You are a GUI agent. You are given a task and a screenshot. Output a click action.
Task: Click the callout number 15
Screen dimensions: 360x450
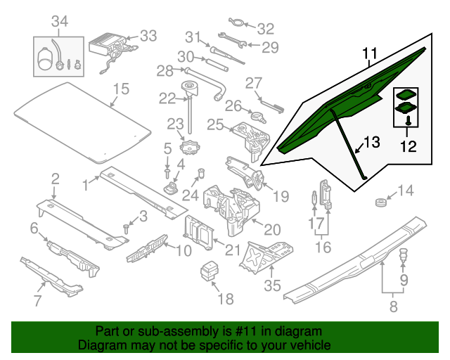coord(122,89)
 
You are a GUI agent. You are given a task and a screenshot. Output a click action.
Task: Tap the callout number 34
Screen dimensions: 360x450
coord(59,22)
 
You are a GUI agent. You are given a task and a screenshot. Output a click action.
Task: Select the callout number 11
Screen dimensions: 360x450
coord(371,53)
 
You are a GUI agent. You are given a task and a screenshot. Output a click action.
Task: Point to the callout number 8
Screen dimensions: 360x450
coord(393,306)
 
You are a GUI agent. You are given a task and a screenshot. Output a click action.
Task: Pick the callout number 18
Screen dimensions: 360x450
coord(224,299)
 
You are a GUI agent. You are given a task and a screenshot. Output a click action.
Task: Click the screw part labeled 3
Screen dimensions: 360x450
coord(126,227)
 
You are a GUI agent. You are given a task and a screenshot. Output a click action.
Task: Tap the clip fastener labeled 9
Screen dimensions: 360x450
coord(404,257)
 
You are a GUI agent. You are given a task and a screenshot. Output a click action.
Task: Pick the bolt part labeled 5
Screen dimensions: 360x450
coord(167,171)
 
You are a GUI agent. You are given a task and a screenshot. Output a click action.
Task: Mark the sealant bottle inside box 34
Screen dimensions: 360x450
coord(48,58)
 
